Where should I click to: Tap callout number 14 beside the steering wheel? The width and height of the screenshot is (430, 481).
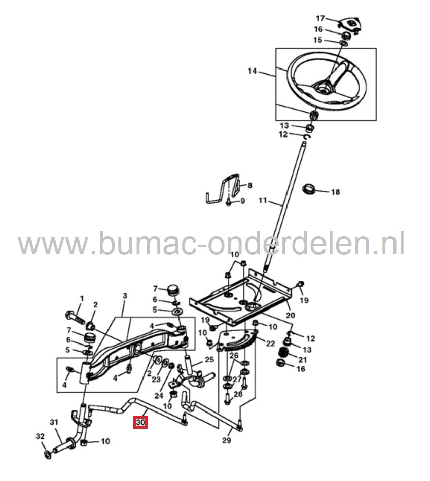(x=253, y=72)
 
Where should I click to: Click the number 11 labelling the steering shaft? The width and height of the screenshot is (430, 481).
(x=262, y=201)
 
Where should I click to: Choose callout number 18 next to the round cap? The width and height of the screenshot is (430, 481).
(x=335, y=192)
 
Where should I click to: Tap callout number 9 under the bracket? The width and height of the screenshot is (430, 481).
(x=242, y=201)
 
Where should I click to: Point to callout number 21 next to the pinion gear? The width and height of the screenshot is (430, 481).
(x=302, y=360)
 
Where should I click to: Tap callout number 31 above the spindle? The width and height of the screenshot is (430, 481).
(x=54, y=422)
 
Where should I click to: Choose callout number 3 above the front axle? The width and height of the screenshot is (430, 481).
(x=125, y=296)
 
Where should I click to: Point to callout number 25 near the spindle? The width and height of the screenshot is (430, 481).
(x=209, y=360)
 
